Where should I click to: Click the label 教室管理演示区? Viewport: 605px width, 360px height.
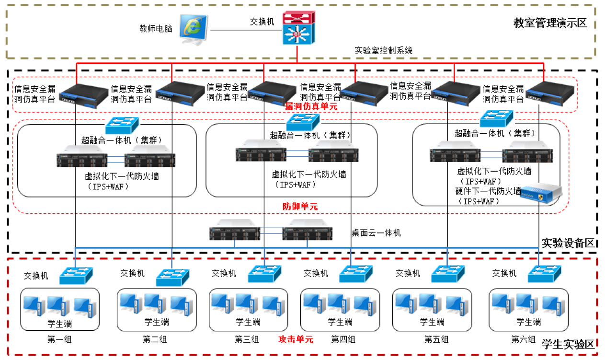point(550,23)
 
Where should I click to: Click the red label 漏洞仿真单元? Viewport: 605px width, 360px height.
point(311,106)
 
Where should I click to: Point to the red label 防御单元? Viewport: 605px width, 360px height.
point(300,206)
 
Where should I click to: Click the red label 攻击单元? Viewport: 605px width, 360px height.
point(296,339)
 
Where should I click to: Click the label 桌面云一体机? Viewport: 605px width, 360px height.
point(376,233)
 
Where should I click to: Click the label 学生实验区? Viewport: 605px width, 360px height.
point(568,344)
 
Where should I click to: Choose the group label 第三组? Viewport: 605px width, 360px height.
point(247,339)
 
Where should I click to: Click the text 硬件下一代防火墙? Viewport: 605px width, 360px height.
point(488,191)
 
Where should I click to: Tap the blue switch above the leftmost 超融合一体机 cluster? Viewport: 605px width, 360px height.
point(122,125)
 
